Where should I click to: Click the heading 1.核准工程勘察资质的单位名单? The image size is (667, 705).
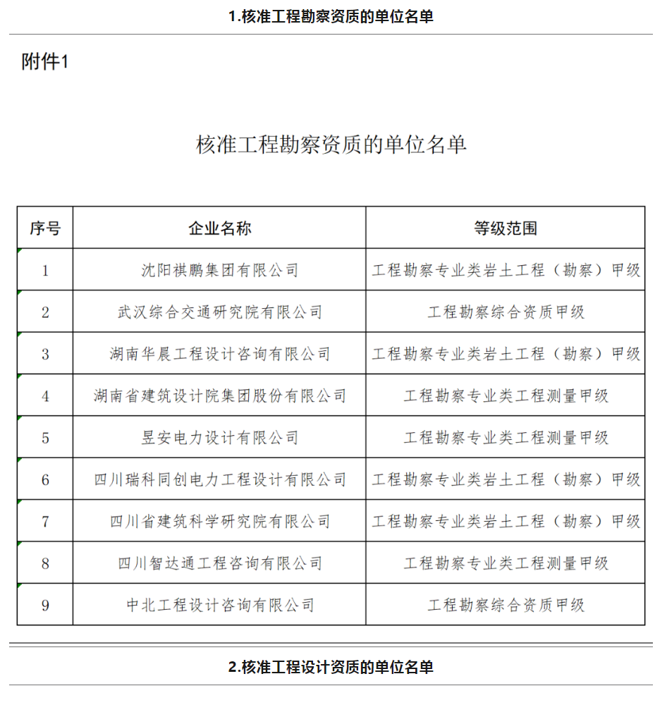tap(331, 17)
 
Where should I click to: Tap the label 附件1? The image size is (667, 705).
tap(45, 63)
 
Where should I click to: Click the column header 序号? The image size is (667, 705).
tap(45, 228)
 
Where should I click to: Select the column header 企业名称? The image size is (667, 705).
tap(219, 228)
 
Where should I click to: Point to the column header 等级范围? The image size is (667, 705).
tap(506, 228)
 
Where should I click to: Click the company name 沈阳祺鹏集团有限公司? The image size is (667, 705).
tap(219, 270)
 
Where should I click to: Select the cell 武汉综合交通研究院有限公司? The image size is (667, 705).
tap(219, 312)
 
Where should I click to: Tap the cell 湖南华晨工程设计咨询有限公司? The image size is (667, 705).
tap(219, 354)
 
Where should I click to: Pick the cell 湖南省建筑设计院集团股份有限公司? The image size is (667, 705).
tap(219, 396)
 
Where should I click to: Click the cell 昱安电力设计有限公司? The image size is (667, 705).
tap(219, 438)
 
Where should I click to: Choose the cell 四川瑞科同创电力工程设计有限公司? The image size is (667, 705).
tap(219, 479)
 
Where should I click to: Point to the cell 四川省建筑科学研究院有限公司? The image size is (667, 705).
tap(219, 522)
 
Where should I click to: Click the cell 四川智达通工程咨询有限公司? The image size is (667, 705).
tap(219, 563)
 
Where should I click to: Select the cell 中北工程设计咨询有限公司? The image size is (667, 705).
tap(219, 605)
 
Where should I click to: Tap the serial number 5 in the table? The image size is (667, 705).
tap(45, 438)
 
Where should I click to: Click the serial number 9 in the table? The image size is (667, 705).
tap(45, 605)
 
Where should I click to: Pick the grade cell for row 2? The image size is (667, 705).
tap(506, 312)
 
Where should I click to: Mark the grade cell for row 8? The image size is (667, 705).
tap(506, 563)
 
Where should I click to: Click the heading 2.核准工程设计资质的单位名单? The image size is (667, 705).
tap(331, 667)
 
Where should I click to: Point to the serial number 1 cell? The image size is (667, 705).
tap(45, 270)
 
